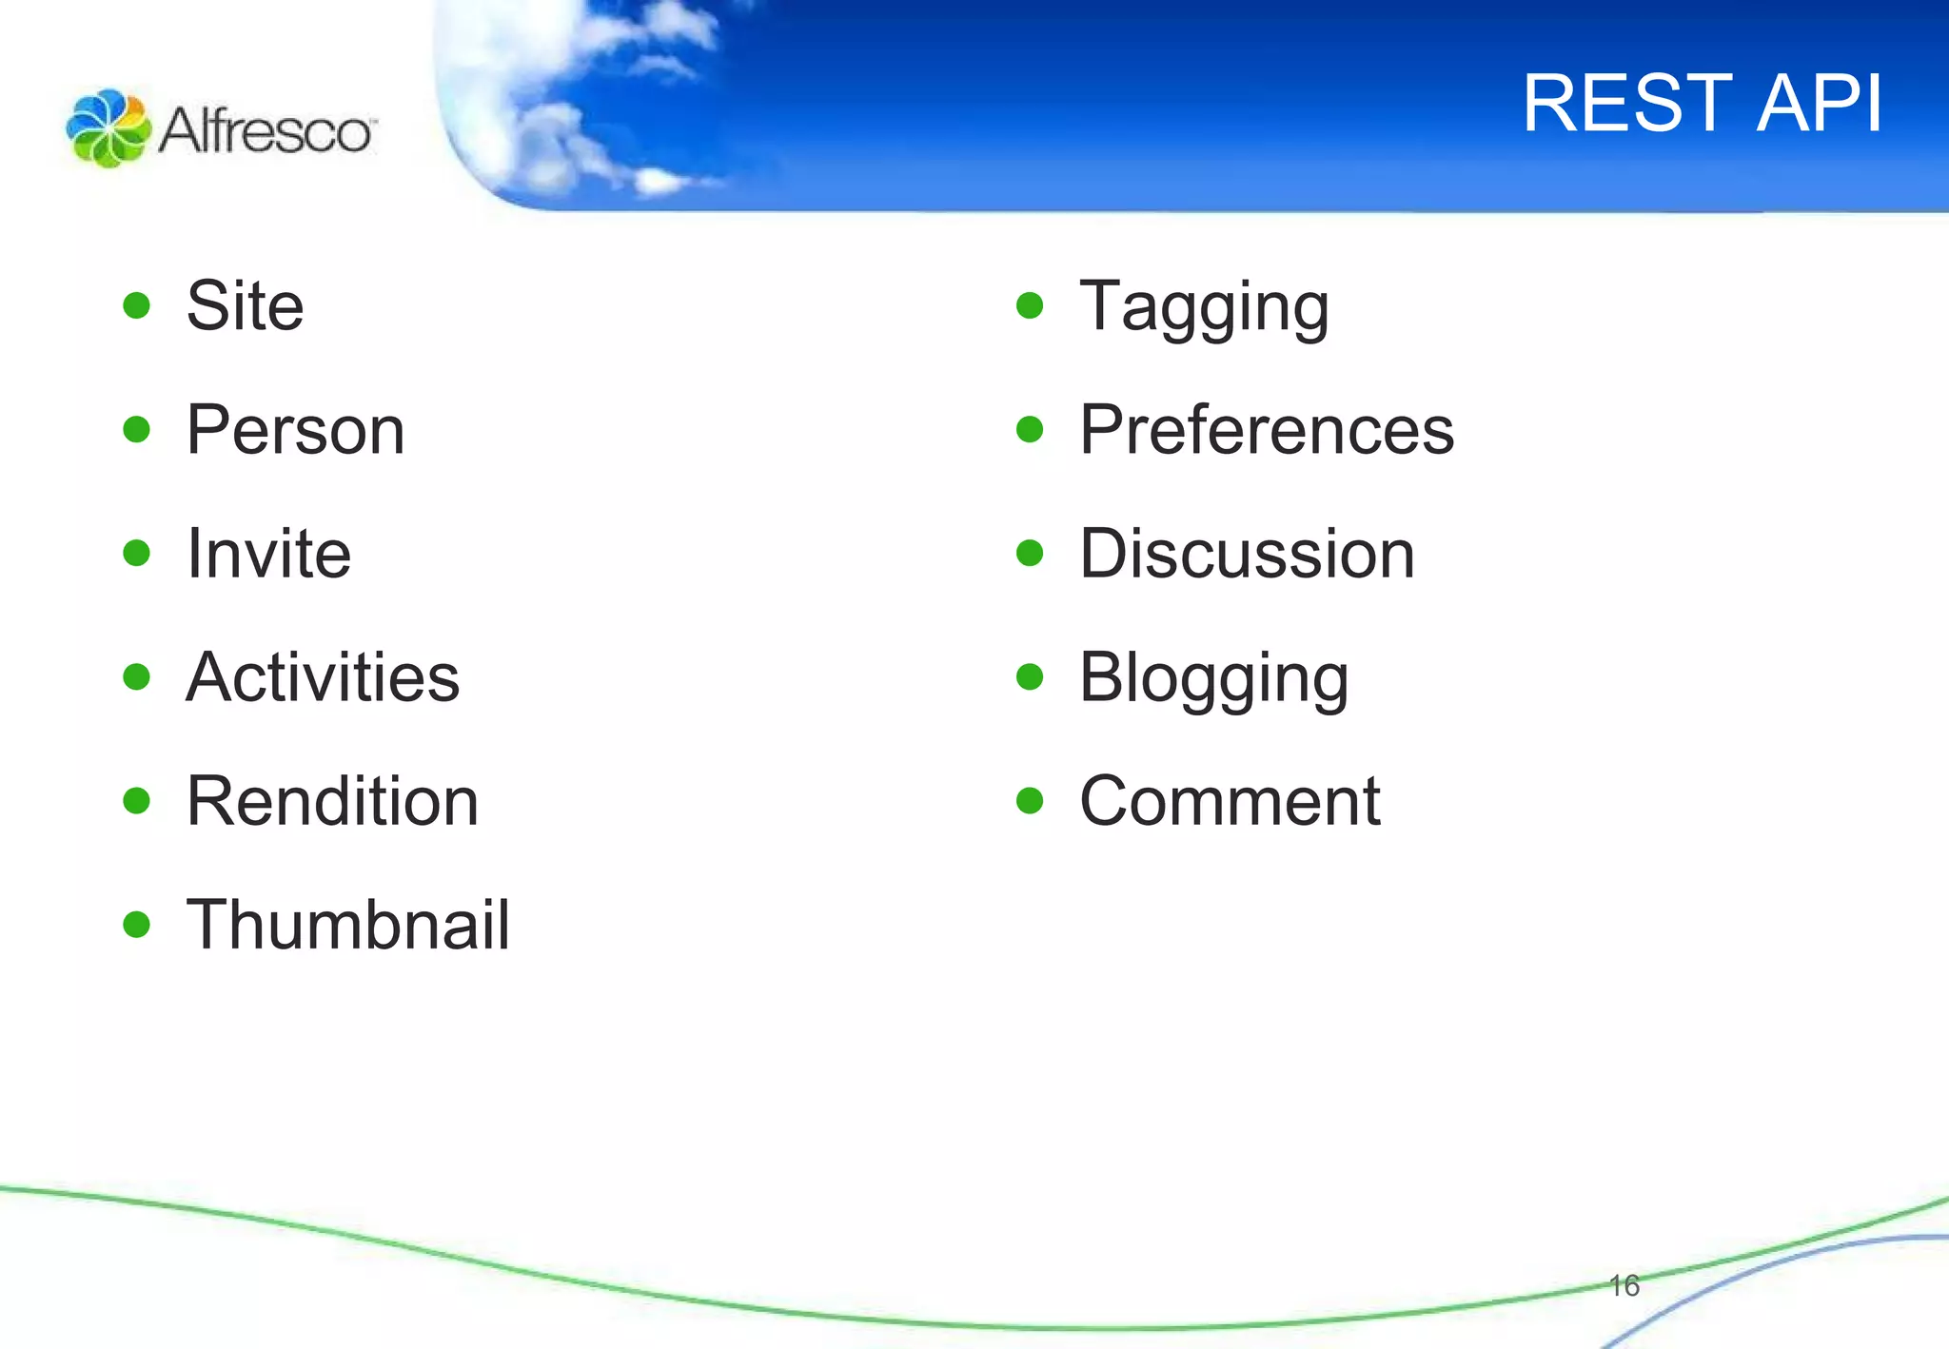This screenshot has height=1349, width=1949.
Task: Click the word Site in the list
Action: (245, 306)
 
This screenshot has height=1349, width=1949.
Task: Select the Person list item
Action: (295, 430)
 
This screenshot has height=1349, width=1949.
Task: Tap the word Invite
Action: (268, 554)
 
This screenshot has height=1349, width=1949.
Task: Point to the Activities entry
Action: (323, 677)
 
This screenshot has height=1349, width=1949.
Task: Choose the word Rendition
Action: (332, 801)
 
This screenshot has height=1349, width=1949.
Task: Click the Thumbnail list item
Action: (347, 925)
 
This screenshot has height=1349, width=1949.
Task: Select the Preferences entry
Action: (1267, 430)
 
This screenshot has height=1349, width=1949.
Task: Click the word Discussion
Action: (1247, 554)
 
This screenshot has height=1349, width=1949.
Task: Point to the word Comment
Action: (1230, 801)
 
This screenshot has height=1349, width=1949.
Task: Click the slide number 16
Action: (1624, 1286)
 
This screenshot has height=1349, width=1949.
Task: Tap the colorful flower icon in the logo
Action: (108, 128)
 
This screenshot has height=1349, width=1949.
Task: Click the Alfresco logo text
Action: (266, 130)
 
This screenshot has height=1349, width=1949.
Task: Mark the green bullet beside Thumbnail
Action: (137, 925)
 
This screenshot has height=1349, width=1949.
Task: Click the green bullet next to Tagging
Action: (1030, 306)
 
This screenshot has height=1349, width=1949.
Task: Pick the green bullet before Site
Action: (137, 306)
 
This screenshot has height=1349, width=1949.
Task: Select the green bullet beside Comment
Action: (1030, 801)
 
